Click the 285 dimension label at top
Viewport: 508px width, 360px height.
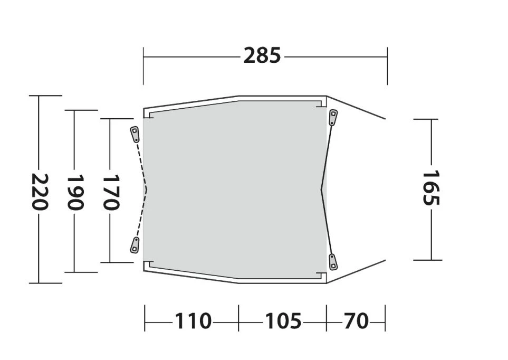(x=262, y=56)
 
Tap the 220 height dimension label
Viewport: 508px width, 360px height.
(x=40, y=192)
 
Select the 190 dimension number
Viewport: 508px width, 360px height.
(x=75, y=192)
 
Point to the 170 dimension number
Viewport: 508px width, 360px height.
(x=111, y=192)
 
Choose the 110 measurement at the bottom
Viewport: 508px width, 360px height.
(x=193, y=321)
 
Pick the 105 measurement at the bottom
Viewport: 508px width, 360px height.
(x=283, y=321)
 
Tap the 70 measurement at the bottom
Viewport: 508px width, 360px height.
(x=356, y=321)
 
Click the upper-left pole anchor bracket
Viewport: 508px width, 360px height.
(x=135, y=135)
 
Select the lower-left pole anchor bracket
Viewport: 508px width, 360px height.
(x=135, y=245)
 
